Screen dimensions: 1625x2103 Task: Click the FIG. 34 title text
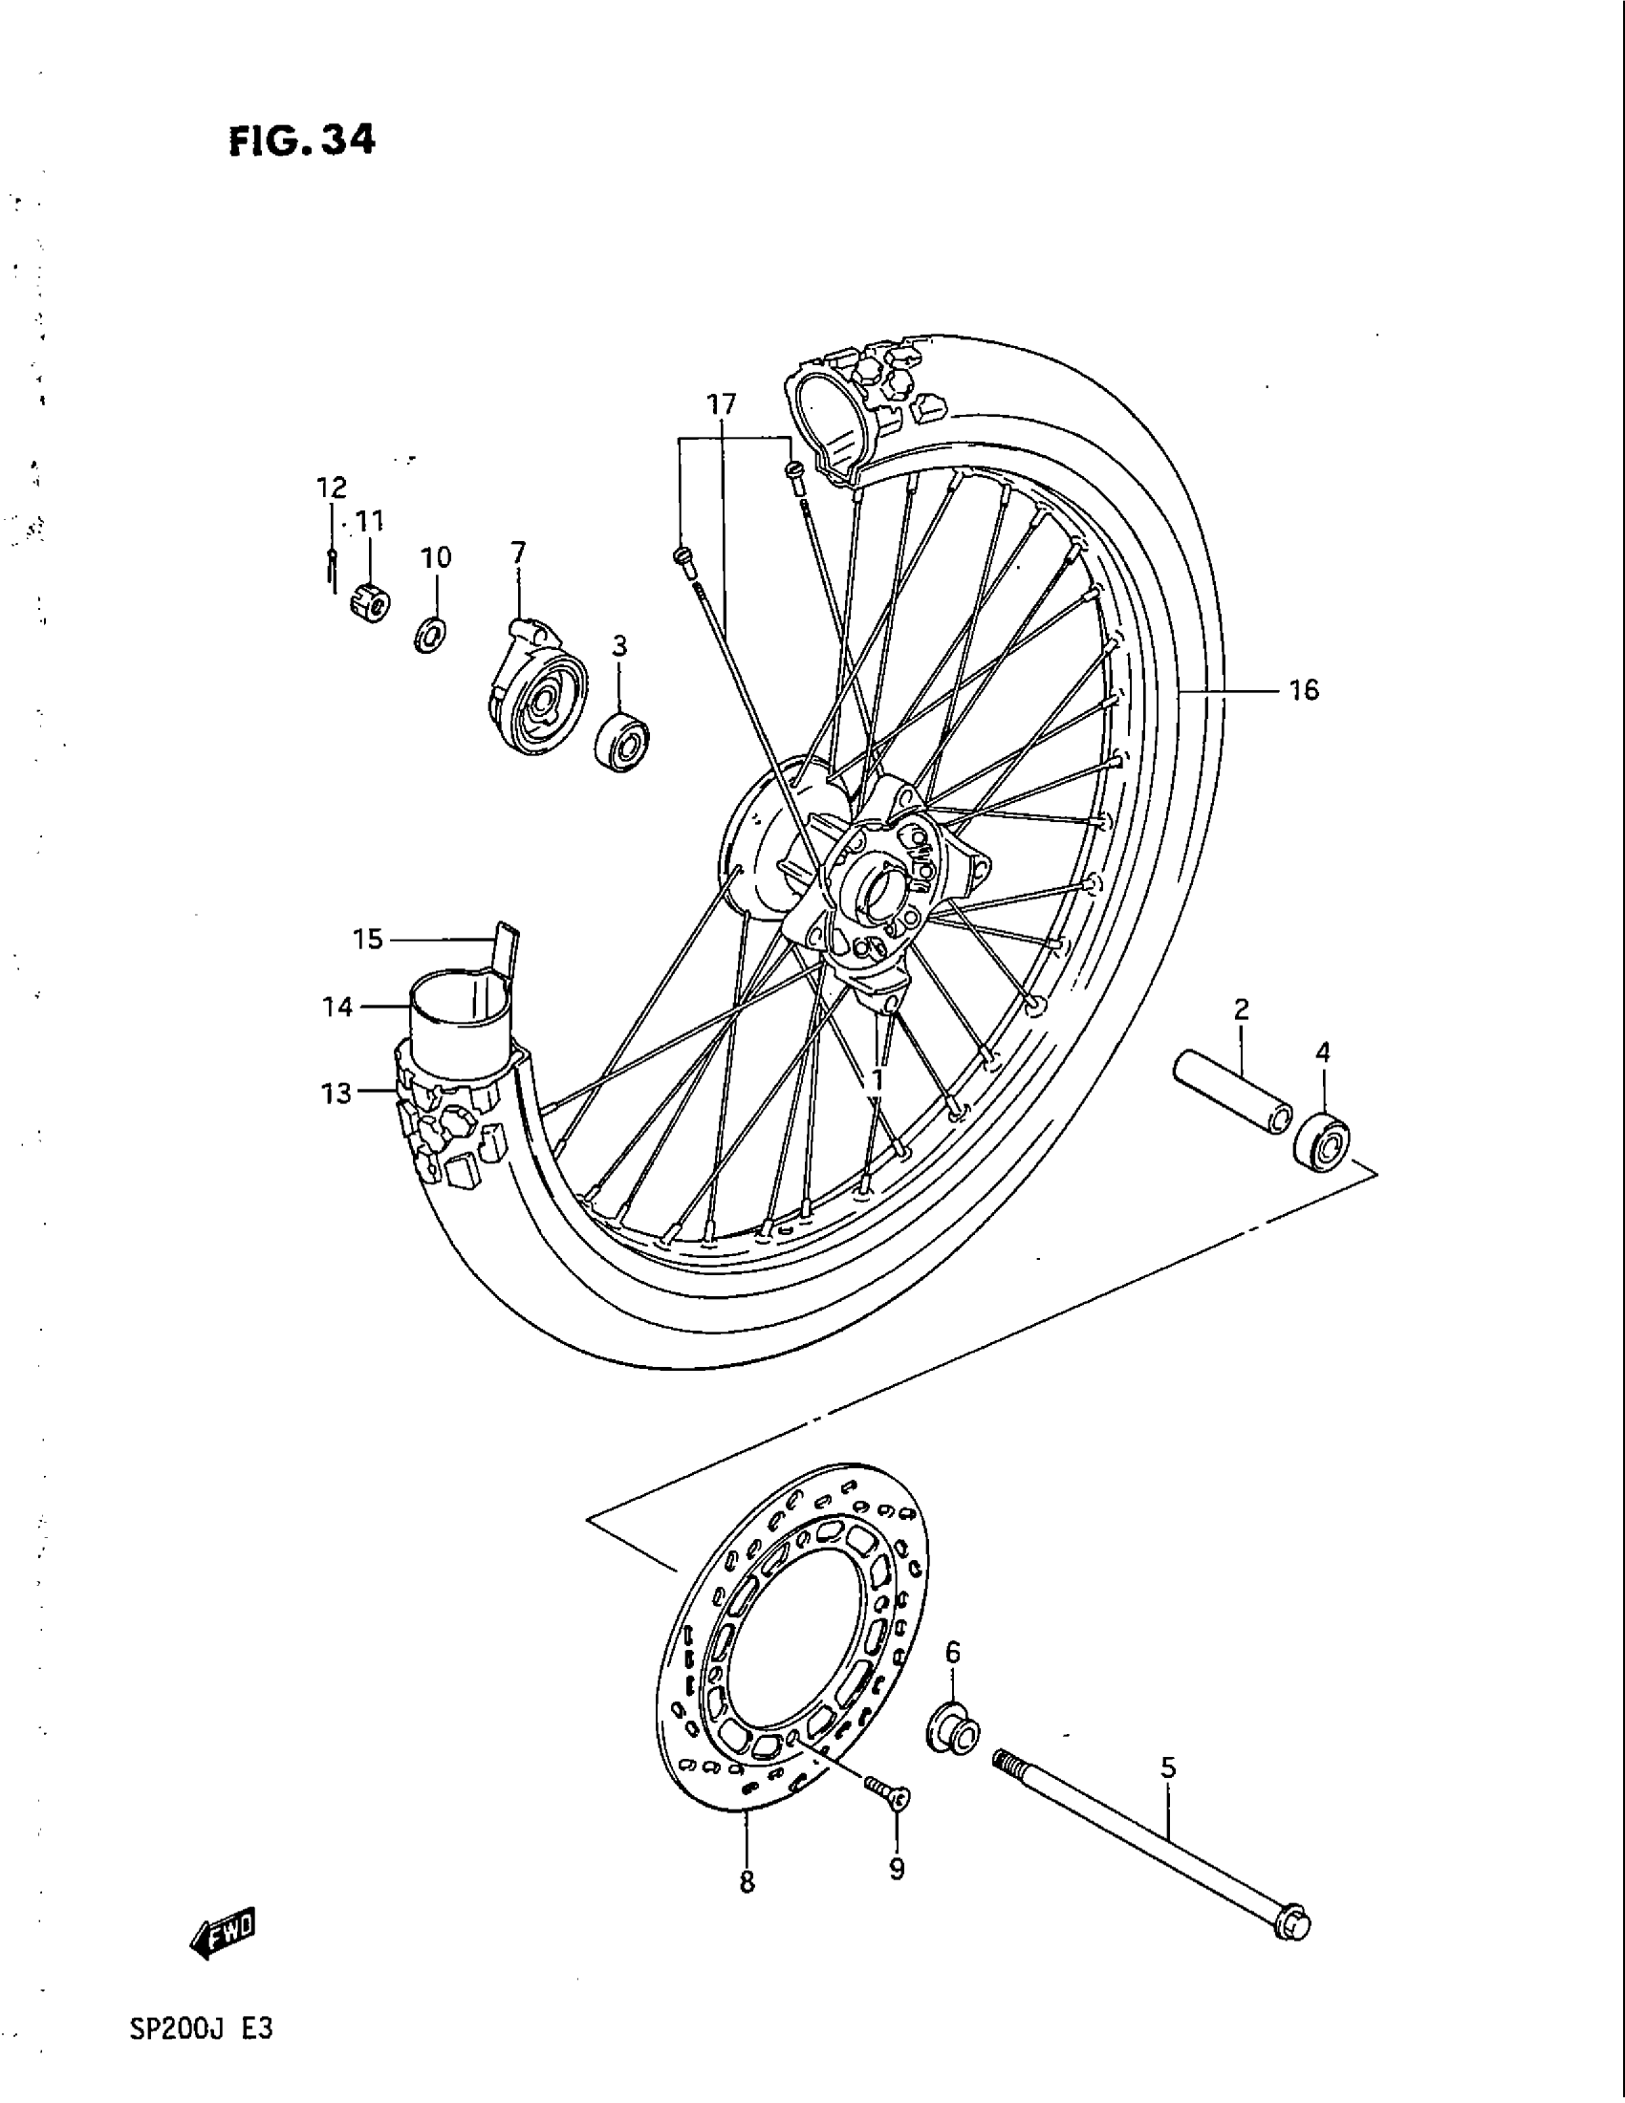tap(301, 141)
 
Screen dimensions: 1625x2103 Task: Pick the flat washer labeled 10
tap(431, 633)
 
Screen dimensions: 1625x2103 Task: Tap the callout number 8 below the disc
tap(747, 1881)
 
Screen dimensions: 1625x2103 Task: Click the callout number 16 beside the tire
tap(1304, 690)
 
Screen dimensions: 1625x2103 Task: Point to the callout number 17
tap(722, 404)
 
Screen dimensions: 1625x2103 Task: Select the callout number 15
tap(368, 939)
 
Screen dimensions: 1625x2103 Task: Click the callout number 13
tap(336, 1093)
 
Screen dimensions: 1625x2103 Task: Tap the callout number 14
tap(336, 1008)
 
